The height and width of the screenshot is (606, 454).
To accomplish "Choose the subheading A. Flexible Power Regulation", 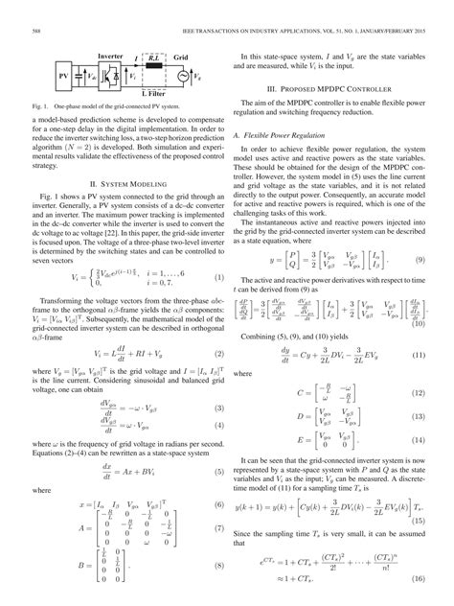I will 282,138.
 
